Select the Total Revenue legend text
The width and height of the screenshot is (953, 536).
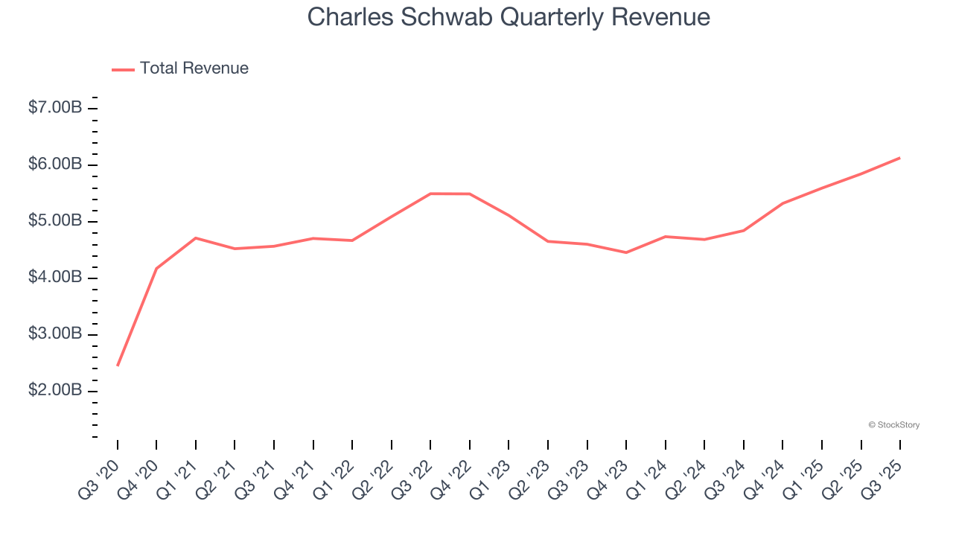click(x=194, y=68)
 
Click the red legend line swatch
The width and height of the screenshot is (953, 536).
click(x=123, y=69)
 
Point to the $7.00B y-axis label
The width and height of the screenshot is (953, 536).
click(x=55, y=108)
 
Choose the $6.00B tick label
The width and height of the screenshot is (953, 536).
click(x=55, y=165)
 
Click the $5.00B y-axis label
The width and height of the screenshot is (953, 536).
click(x=55, y=221)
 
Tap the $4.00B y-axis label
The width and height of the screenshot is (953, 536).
click(x=55, y=278)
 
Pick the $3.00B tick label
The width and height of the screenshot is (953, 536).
click(x=55, y=334)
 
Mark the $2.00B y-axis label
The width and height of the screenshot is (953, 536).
click(x=55, y=391)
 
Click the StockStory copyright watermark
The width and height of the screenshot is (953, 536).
click(x=894, y=425)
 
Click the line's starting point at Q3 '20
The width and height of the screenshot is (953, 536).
click(x=118, y=366)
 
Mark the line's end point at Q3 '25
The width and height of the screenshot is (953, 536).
click(x=900, y=158)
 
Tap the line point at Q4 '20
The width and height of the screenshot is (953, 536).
click(x=156, y=268)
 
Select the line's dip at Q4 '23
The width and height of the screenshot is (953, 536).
click(x=626, y=252)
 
